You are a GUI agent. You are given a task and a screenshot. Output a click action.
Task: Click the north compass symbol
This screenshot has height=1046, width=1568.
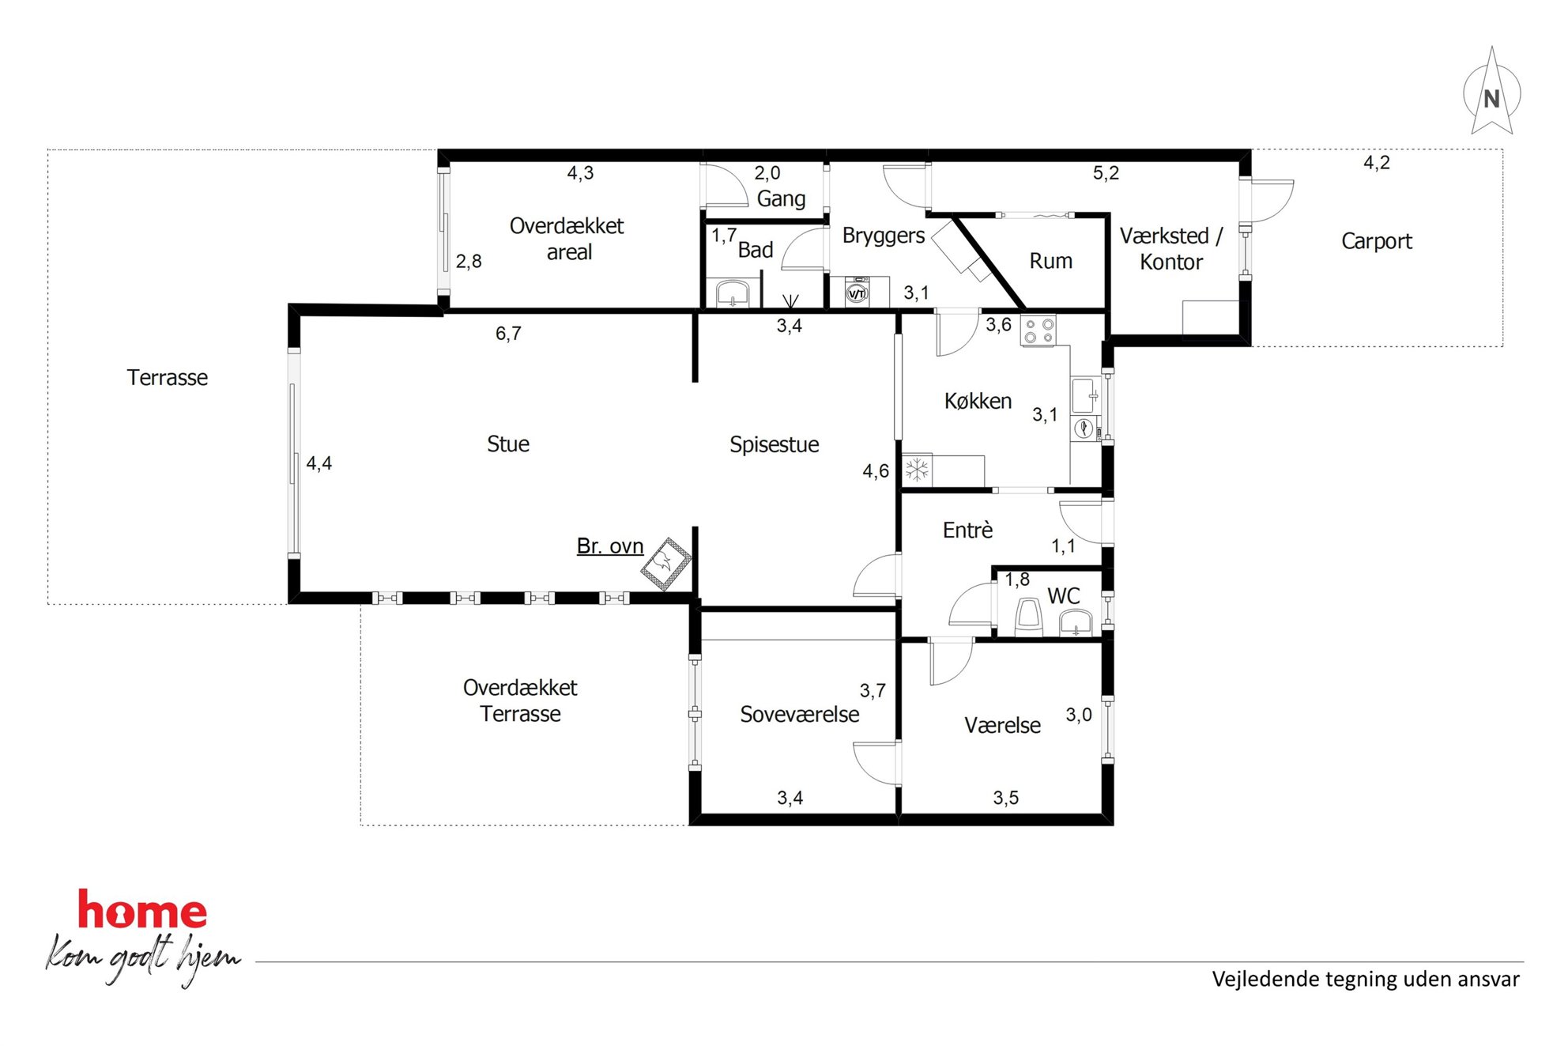point(1491,92)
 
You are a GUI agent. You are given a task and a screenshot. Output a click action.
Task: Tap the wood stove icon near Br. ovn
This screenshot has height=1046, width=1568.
point(665,564)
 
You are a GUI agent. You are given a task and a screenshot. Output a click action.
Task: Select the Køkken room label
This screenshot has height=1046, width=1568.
point(978,402)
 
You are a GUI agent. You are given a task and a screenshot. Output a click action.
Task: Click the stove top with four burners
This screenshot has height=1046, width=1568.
point(1038,330)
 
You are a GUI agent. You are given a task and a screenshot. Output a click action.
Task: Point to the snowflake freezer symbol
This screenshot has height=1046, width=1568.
point(917,470)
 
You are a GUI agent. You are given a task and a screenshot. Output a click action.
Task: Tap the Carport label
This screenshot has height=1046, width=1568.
point(1376,241)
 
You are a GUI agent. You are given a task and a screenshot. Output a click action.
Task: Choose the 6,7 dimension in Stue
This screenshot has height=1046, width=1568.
point(508,334)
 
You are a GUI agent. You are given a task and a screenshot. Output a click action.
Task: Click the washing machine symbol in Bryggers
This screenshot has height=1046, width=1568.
point(857,293)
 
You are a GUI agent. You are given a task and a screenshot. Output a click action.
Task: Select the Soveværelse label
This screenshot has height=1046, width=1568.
point(799,715)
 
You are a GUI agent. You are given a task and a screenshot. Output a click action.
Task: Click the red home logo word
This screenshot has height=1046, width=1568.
point(142,910)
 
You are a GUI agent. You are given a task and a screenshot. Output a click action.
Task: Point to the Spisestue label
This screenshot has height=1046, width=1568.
point(774,445)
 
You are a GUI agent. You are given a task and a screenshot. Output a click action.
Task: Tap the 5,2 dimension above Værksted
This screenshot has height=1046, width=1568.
point(1106,173)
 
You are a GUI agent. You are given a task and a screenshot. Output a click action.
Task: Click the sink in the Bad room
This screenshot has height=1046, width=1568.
point(733,293)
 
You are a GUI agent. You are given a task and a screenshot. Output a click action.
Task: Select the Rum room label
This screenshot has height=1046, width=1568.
point(1050,261)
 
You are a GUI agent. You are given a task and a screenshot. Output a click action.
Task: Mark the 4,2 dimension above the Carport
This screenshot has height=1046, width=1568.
point(1376,163)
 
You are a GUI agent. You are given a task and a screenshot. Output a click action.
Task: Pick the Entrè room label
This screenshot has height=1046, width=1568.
point(967,530)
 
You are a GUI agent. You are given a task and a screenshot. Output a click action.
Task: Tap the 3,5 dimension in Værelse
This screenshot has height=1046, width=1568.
point(1005,798)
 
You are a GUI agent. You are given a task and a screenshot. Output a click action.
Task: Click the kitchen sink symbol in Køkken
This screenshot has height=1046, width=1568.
point(1085,395)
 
